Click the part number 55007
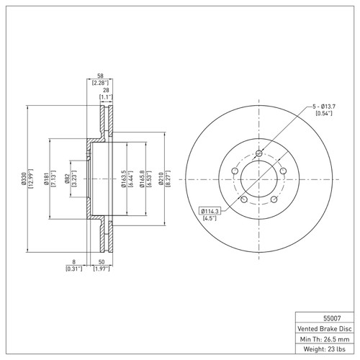pos(332,318)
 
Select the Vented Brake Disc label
pos(325,328)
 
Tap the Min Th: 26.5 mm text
pos(325,339)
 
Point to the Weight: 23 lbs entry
pos(325,349)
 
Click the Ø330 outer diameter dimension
pos(24,179)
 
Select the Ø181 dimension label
pos(47,179)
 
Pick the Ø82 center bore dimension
pos(67,179)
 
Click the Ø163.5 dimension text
pos(124,179)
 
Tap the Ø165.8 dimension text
pos(143,179)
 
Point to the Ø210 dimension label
pos(161,179)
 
